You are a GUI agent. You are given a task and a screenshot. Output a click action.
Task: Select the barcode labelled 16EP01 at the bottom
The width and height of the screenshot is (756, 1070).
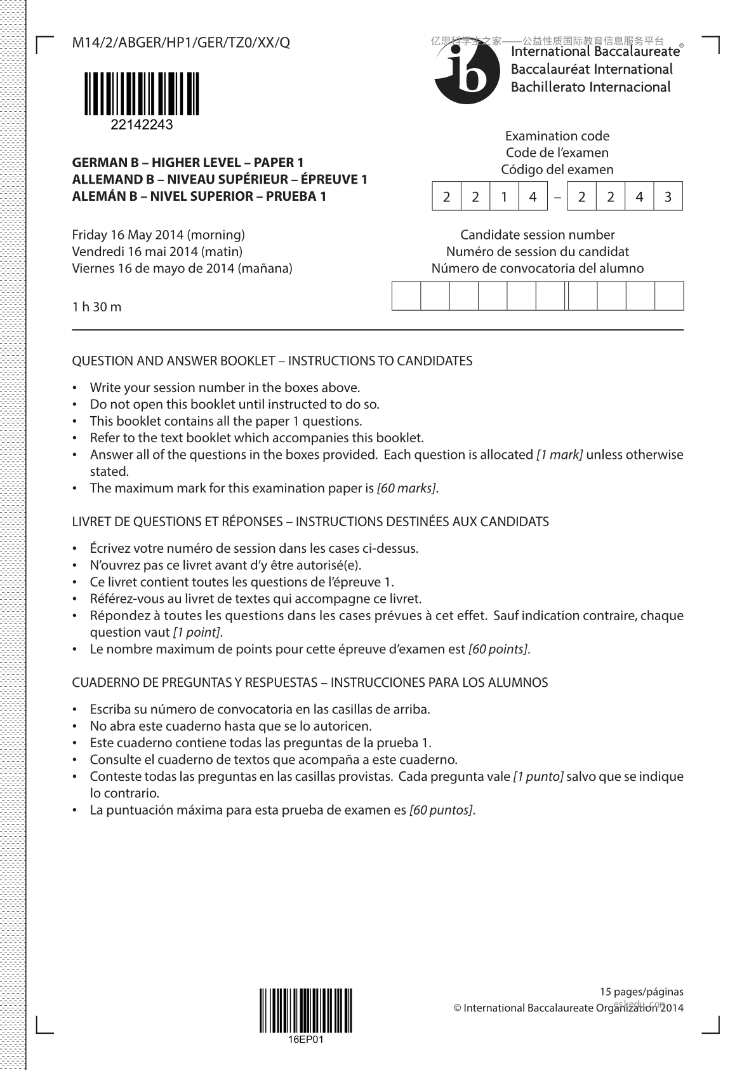click(x=305, y=1010)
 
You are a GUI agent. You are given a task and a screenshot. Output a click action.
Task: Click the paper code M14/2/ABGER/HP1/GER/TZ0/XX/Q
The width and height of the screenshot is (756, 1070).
click(x=181, y=43)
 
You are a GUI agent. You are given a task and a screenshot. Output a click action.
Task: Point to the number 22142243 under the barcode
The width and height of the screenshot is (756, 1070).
click(x=141, y=125)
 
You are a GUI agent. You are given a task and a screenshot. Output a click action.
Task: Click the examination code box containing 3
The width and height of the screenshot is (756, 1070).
click(x=668, y=197)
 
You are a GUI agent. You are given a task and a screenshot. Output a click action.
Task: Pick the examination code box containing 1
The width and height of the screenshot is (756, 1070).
click(x=504, y=197)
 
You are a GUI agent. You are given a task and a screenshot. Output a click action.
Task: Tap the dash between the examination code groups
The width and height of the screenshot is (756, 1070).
click(x=557, y=197)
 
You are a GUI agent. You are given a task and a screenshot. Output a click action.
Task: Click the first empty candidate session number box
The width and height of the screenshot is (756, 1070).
click(x=406, y=296)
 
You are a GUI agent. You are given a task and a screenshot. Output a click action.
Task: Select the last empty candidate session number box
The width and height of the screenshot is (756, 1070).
click(x=669, y=296)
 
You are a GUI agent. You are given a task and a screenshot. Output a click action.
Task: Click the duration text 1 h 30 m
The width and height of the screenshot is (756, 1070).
click(x=96, y=308)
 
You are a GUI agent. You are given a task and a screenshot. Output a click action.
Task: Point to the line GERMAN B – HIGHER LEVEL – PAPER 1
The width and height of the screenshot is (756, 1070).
click(x=188, y=163)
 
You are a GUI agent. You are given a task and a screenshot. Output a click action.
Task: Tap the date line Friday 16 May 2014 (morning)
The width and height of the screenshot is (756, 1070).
click(x=158, y=234)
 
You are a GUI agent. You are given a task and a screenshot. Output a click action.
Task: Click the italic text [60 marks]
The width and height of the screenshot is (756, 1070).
click(x=406, y=489)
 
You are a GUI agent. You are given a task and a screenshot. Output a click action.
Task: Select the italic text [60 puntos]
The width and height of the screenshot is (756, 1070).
click(x=441, y=810)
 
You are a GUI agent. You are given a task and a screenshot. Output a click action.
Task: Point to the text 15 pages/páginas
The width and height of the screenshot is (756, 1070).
click(x=642, y=991)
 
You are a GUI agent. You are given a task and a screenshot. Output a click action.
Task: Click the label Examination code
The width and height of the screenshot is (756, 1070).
click(x=557, y=136)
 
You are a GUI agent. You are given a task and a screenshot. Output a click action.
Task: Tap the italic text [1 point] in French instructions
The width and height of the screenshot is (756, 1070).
click(x=197, y=633)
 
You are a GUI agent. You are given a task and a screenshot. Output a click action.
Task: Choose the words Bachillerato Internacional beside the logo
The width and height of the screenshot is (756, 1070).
click(x=590, y=87)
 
